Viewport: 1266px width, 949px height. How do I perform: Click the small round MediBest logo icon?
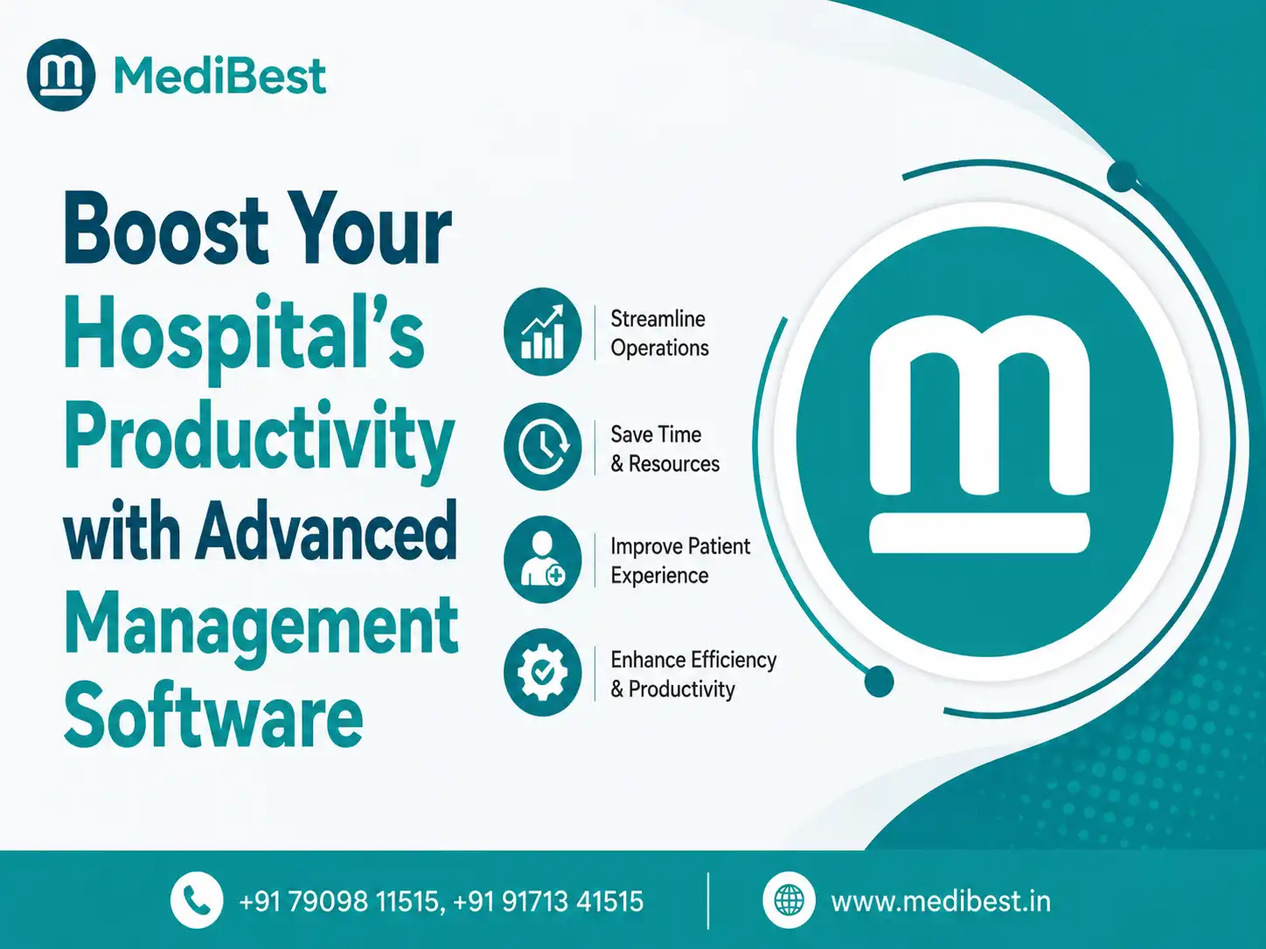[x=61, y=75]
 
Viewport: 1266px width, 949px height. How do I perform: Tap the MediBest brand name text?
[x=219, y=75]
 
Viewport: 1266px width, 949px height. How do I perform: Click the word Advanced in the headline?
[x=326, y=530]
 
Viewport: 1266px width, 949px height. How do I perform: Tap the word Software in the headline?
[x=213, y=715]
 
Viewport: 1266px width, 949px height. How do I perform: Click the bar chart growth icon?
[x=543, y=332]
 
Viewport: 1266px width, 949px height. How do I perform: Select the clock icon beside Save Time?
[x=543, y=447]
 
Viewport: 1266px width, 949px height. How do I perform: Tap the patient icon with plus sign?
[x=543, y=559]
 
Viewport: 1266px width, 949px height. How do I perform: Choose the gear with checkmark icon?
[x=543, y=672]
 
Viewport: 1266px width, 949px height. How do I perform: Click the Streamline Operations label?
[x=659, y=333]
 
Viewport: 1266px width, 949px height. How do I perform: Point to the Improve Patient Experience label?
[x=680, y=561]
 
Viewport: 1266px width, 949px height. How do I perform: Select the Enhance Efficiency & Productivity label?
[x=693, y=674]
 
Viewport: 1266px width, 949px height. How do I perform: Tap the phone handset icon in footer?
[x=197, y=900]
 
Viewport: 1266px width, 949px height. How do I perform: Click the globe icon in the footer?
[x=789, y=900]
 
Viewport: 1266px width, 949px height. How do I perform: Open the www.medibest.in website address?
[x=941, y=902]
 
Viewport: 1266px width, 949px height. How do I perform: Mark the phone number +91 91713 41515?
[x=548, y=902]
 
